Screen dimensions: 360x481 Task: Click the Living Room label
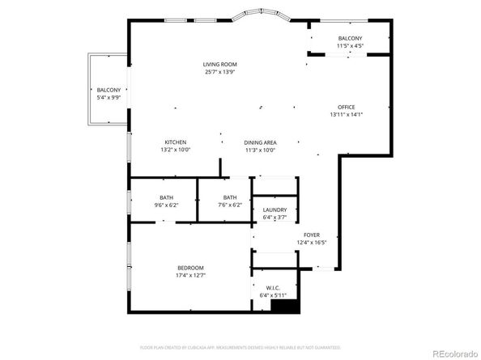[220, 64]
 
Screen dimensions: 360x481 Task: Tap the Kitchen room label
[176, 142]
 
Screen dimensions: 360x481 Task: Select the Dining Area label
[260, 142]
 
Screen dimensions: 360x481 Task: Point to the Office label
[347, 107]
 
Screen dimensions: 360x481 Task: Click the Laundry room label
[275, 210]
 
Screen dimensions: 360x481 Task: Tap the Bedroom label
[190, 268]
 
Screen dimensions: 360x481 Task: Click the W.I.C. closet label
[273, 288]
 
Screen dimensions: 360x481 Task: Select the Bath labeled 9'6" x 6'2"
[166, 198]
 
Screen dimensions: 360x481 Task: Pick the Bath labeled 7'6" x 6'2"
[230, 198]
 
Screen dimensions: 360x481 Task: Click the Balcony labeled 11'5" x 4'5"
[350, 39]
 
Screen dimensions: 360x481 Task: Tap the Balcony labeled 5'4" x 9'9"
[109, 90]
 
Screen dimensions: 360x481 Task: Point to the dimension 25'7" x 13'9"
[220, 72]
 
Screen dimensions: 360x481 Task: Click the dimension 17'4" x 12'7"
[190, 276]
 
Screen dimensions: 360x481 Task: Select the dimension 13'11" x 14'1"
[347, 115]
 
